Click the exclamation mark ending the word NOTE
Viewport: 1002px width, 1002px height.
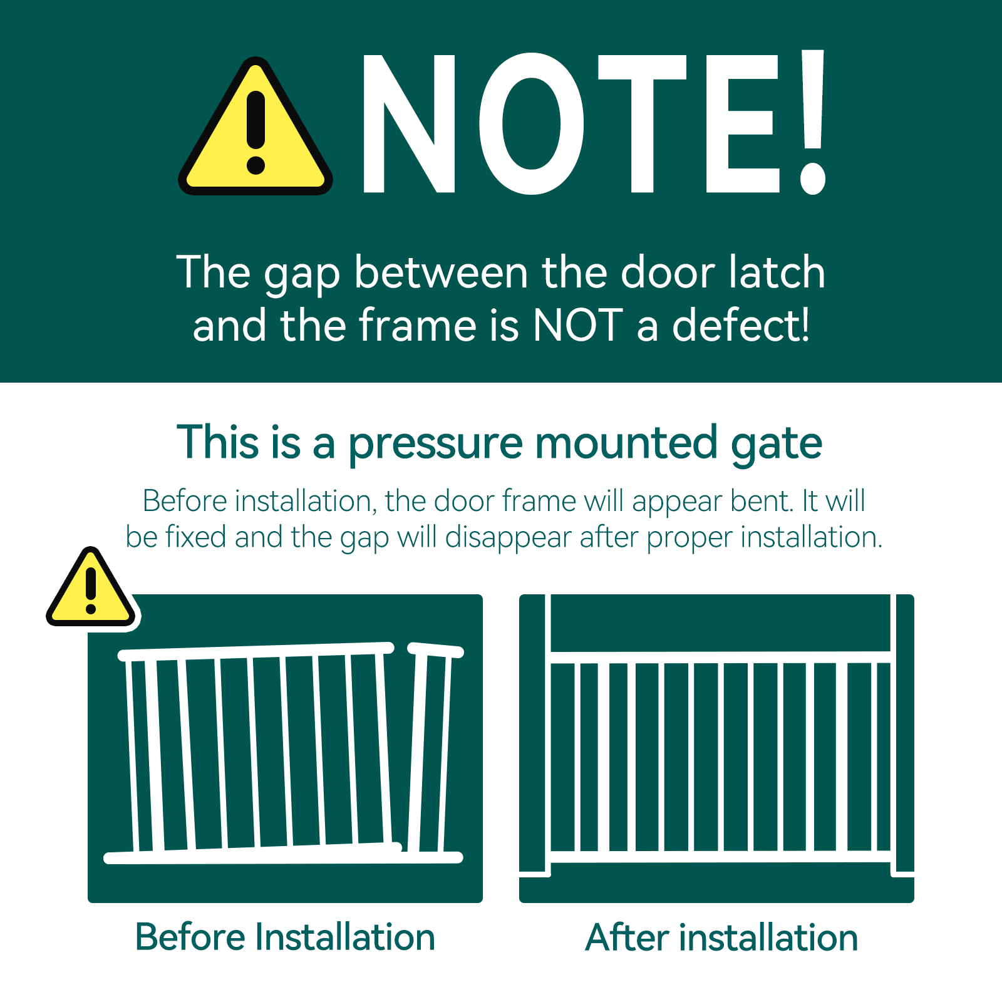[813, 122]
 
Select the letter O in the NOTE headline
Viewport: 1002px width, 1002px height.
[532, 123]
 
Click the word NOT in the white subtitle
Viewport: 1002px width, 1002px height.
[577, 326]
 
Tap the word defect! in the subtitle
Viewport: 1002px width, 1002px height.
[741, 326]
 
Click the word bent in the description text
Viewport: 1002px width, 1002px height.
[763, 501]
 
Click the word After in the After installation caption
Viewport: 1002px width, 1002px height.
[627, 937]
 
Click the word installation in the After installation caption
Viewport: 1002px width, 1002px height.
[768, 937]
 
